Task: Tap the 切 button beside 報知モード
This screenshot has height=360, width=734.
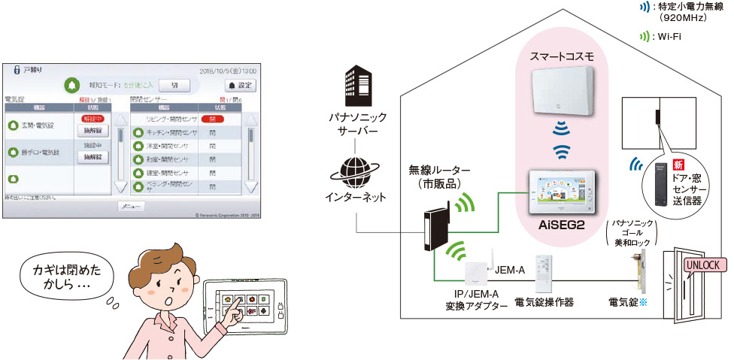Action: click(174, 85)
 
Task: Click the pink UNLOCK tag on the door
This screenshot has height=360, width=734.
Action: click(702, 265)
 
